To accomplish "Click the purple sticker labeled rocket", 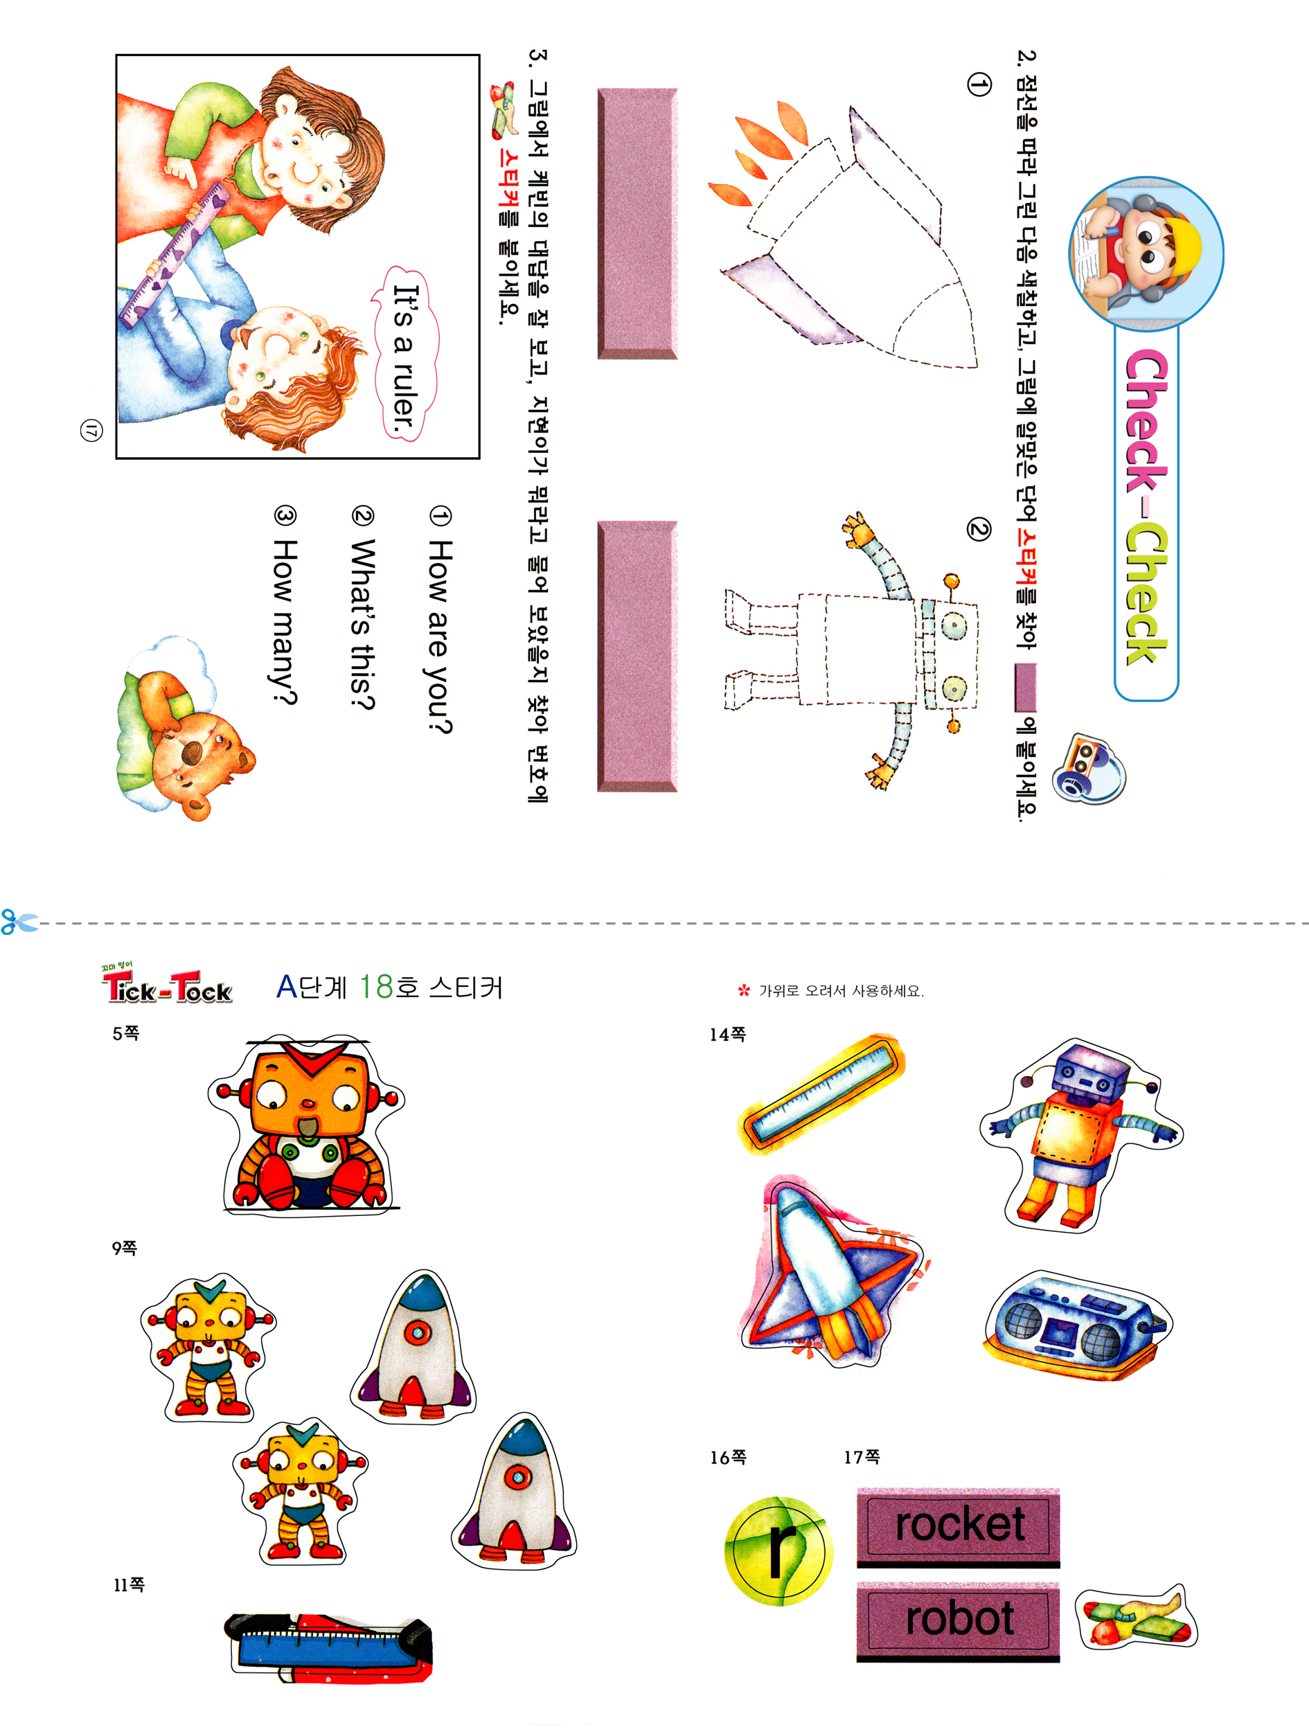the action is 958,1526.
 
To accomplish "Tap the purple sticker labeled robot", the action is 958,1620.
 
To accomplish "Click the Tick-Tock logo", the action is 167,985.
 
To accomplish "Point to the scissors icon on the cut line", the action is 19,922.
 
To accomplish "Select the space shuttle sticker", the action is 832,1271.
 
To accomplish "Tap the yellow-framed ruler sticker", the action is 821,1093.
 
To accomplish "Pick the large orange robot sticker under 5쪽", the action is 307,1124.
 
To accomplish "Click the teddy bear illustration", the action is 185,729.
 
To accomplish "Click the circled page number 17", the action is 91,429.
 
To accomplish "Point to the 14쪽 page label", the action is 727,1035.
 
